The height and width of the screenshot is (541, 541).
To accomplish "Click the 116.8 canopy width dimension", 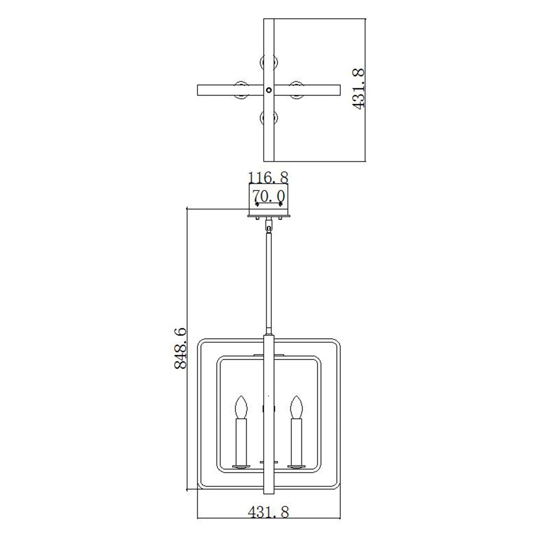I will [269, 177].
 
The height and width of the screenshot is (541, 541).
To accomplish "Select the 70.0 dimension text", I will [269, 197].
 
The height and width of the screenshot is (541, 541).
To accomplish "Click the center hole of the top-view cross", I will [269, 90].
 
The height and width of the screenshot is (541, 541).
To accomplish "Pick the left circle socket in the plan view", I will [241, 90].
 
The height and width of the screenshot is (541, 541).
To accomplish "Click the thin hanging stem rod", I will [269, 280].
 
